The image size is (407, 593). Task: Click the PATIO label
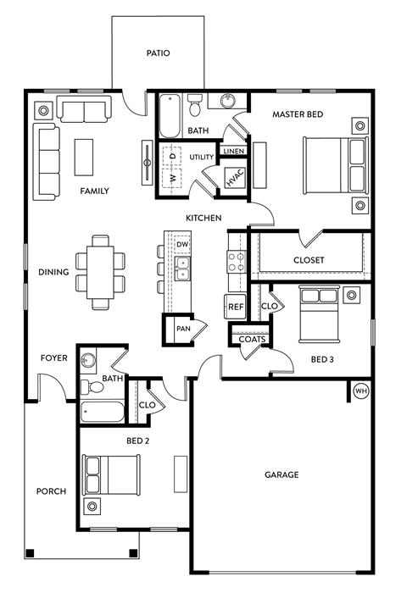[158, 53]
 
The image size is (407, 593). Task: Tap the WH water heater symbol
[360, 391]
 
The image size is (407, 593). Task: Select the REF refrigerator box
[235, 307]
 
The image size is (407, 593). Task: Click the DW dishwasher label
[182, 245]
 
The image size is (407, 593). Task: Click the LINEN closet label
[233, 151]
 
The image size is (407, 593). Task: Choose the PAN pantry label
[182, 329]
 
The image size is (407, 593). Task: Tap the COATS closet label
[252, 340]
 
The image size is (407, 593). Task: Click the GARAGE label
[282, 474]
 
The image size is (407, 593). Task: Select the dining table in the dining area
[100, 271]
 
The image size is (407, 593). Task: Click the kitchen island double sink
[182, 269]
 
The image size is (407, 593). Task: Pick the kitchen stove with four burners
[236, 260]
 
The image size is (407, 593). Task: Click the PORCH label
[50, 491]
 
